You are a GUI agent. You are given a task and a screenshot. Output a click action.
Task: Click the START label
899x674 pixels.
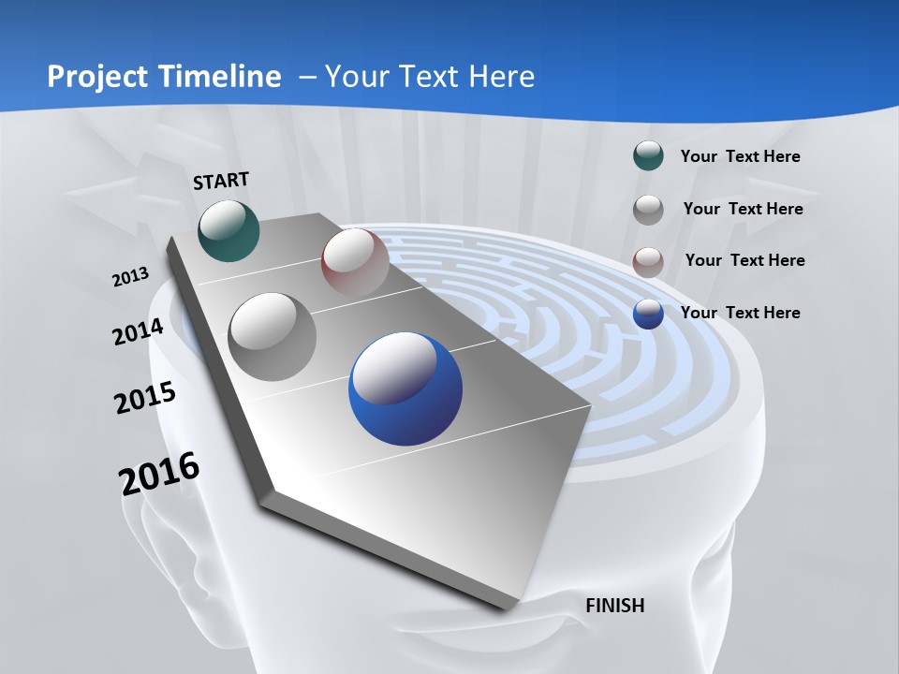221,181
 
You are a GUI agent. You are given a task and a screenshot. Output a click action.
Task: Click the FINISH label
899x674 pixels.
614,606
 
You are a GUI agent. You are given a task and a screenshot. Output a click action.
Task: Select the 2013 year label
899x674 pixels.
130,277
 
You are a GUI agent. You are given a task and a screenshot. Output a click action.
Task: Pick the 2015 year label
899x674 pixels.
145,398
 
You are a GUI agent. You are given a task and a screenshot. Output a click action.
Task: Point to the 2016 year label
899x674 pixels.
159,474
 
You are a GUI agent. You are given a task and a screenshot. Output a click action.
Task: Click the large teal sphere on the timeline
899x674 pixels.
228,230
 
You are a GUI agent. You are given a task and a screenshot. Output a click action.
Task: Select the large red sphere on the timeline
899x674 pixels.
355,262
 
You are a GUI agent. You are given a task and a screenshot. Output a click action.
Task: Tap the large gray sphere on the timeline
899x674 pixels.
273,337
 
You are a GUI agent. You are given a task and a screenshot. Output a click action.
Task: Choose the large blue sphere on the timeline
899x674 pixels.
405,388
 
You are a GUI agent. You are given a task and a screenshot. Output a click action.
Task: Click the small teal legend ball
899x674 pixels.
648,156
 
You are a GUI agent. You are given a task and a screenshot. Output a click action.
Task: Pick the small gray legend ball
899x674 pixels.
648,210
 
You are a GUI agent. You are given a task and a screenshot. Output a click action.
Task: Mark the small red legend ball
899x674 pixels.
648,262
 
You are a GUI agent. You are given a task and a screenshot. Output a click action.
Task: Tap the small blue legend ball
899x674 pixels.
648,315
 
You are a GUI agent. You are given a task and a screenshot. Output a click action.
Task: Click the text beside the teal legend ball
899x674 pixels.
740,157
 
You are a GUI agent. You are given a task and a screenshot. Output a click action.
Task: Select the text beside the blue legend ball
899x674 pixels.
740,313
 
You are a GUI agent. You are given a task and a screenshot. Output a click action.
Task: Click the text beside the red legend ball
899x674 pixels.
744,260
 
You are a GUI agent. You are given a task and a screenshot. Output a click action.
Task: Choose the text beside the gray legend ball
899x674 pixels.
743,209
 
